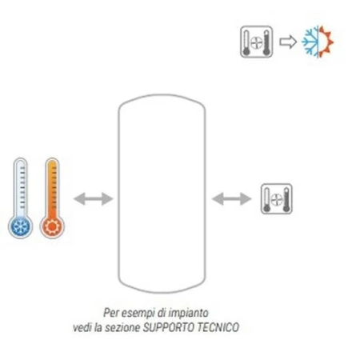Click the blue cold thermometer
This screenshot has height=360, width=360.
pos(20,198)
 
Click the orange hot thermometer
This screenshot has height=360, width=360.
pos(52,198)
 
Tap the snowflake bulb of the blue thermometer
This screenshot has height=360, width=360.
pos(20,226)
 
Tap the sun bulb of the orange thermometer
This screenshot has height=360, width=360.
pos(52,226)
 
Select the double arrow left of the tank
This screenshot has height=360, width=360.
pos(93,199)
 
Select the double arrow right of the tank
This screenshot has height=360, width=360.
pos(231,199)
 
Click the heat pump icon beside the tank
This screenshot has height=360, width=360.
pos(277,198)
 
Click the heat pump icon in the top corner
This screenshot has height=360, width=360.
pos(257,42)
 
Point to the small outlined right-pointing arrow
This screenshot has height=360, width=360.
pos(288,42)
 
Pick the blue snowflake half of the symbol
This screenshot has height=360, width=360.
pos(310,42)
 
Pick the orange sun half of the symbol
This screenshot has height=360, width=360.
pos(326,42)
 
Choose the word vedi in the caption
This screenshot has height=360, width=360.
pos(82,327)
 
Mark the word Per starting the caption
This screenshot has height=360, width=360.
pos(110,313)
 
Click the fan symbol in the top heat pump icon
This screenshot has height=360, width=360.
pos(257,42)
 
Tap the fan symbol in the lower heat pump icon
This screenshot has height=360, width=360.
pos(277,199)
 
